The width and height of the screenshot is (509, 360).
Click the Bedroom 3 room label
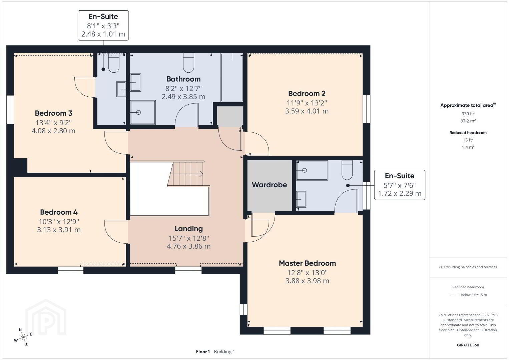point(54,113)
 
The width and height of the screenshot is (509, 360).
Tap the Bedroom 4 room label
point(59,212)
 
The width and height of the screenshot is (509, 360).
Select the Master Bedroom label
point(307,263)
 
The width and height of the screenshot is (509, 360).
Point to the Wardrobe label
point(269,185)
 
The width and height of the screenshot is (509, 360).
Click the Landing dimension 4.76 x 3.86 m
point(188,246)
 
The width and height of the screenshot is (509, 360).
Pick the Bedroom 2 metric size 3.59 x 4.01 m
point(307,111)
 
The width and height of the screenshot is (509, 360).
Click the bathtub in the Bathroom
point(232,77)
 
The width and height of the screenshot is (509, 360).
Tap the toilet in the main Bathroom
point(188,63)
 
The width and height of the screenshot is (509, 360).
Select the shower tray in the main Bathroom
point(143,112)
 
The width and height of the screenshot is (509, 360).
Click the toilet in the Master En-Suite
point(347,170)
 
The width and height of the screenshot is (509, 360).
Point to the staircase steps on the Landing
point(185,174)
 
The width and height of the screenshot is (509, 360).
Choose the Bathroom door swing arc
point(186,114)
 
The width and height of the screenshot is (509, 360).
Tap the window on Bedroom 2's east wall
point(366,109)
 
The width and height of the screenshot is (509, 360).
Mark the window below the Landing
point(188,270)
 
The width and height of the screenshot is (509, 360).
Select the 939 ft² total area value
point(468,114)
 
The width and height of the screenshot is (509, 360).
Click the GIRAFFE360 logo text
point(468,345)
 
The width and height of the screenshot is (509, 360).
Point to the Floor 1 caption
point(203,352)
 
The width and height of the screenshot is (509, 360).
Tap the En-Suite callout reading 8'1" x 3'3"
point(103,25)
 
